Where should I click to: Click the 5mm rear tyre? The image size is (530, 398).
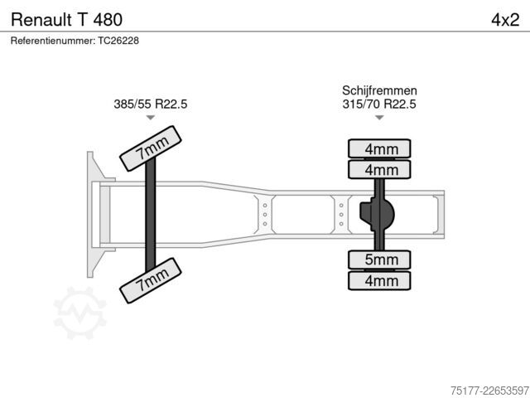tap(379, 260)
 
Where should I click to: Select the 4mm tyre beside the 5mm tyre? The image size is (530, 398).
tap(379, 280)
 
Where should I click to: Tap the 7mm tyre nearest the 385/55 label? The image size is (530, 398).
tap(151, 148)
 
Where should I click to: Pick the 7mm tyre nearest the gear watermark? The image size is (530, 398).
tap(151, 280)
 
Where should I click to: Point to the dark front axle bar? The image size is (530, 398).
tap(151, 214)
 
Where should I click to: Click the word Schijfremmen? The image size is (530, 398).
tap(379, 90)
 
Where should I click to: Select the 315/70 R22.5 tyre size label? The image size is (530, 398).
tap(379, 104)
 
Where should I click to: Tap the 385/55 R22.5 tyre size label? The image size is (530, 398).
tap(151, 104)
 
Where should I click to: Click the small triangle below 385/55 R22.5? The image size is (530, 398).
tap(151, 118)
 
